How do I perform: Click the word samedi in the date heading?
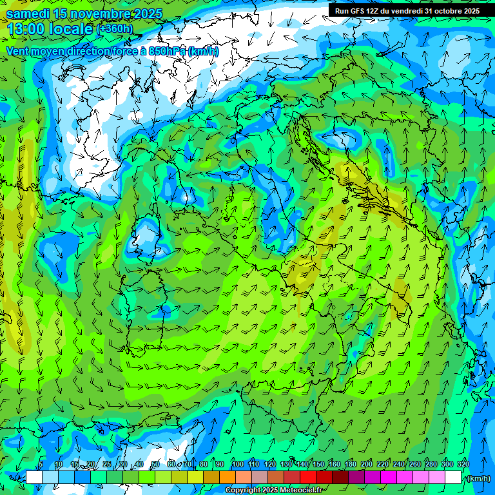pyautogui.click(x=28, y=14)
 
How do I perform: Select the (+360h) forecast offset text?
pyautogui.click(x=115, y=29)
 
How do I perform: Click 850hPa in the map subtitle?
pyautogui.click(x=167, y=52)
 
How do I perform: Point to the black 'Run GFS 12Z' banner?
pyautogui.click(x=407, y=11)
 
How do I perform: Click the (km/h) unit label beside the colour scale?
pyautogui.click(x=478, y=478)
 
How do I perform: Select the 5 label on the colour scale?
pyautogui.click(x=40, y=465)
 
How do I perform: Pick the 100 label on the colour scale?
pyautogui.click(x=238, y=465)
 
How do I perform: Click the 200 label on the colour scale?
pyautogui.click(x=367, y=465)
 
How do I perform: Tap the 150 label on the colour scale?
pyautogui.click(x=318, y=465)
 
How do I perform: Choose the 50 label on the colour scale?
pyautogui.click(x=155, y=465)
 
